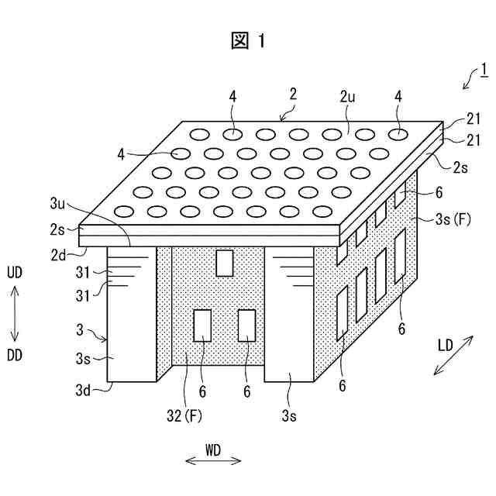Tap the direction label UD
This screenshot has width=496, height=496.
click(x=15, y=274)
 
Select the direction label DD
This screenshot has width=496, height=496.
click(x=15, y=354)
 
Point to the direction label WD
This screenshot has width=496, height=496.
click(x=214, y=449)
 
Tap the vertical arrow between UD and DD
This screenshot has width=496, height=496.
click(x=15, y=314)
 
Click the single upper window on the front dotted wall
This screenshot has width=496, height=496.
click(x=225, y=263)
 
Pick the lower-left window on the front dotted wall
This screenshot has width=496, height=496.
click(x=203, y=325)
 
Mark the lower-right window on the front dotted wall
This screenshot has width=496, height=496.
click(x=247, y=325)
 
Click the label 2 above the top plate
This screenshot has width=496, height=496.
click(x=292, y=94)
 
